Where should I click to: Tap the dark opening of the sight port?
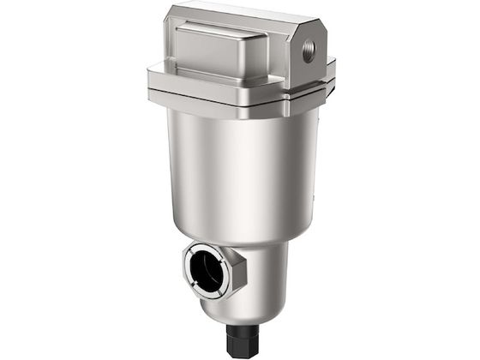click(213, 267)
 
